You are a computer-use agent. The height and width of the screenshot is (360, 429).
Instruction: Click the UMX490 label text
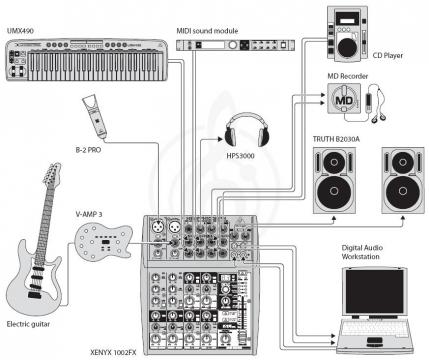click(21, 32)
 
